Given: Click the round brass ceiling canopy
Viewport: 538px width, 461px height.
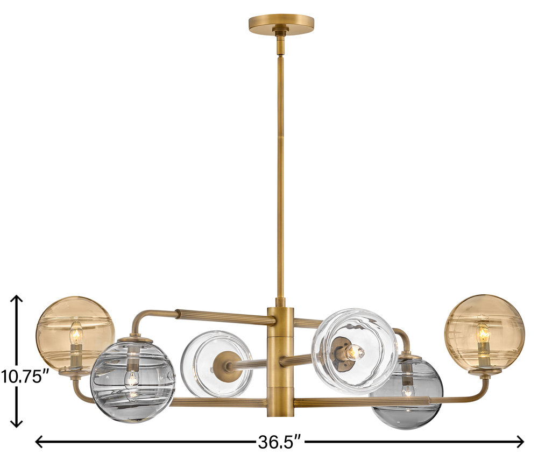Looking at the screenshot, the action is pos(281,23).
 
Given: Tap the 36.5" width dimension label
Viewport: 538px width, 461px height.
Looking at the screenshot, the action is pos(280,442).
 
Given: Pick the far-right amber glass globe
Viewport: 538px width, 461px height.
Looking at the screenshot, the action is pos(485,333).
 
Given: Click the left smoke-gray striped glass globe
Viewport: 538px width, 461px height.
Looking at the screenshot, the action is pos(133,380).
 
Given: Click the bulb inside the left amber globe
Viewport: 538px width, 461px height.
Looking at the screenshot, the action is pos(76,333).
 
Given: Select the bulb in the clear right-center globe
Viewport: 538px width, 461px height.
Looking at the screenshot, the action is pos(355,352).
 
